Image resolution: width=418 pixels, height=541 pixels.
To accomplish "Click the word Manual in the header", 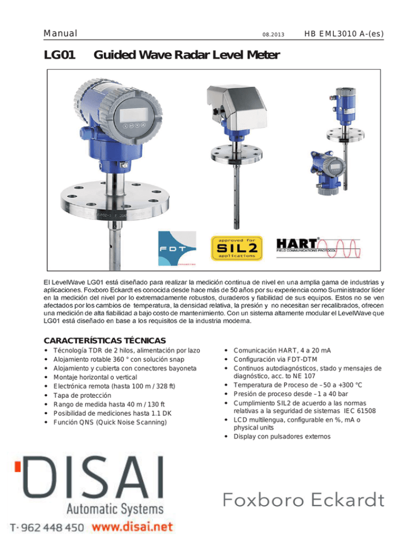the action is (x=60, y=33).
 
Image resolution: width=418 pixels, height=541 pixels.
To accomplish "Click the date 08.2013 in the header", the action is (x=273, y=34).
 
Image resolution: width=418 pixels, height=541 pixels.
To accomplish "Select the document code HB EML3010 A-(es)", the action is (x=344, y=34).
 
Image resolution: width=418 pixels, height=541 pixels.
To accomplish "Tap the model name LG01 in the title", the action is (x=59, y=55).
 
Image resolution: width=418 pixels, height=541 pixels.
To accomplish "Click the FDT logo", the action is (x=177, y=248).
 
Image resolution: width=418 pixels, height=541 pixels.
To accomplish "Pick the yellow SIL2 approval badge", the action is (x=237, y=248).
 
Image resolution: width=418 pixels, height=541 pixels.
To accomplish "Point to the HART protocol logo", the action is (x=318, y=248).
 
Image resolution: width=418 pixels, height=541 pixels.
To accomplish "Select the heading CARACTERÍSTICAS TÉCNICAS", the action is (x=105, y=341).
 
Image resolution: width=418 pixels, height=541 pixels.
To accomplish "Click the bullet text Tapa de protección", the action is (x=83, y=395).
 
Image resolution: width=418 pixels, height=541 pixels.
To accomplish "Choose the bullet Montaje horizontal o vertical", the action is (x=95, y=378).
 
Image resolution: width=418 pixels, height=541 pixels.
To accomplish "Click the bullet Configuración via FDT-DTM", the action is (x=275, y=360).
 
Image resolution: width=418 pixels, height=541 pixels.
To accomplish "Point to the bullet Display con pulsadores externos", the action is (x=282, y=437).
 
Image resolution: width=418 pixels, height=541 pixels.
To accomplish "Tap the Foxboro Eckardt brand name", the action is (x=303, y=500).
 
